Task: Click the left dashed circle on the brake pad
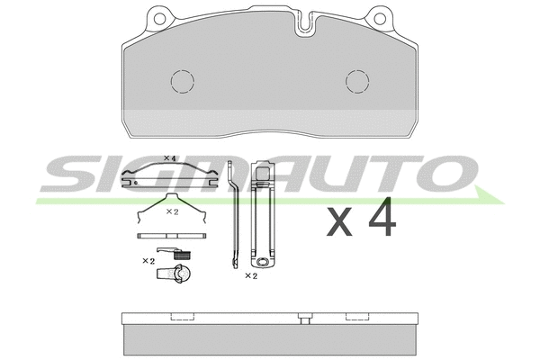[x=183, y=82]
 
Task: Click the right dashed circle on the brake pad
[x=357, y=82]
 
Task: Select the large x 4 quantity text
[x=359, y=218]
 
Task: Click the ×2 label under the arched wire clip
[x=173, y=211]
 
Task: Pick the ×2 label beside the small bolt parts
[x=148, y=260]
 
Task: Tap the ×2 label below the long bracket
[x=251, y=276]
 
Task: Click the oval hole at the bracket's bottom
[x=264, y=263]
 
